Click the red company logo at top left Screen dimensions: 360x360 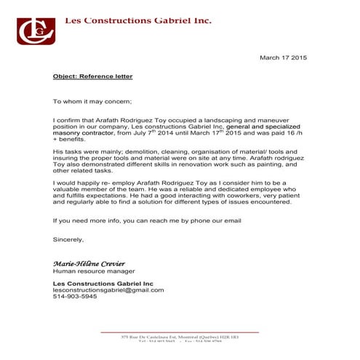click(33, 29)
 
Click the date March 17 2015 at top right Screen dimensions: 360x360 click(284, 57)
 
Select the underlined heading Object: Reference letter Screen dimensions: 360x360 click(92, 76)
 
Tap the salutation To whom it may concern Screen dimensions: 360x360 click(91, 102)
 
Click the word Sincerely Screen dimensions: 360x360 click(68, 239)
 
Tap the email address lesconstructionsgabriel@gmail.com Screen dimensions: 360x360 click(108, 289)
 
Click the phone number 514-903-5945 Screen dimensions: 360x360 click(75, 297)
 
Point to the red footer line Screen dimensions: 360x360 click(179, 332)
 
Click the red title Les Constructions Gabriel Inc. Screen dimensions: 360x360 click(138, 21)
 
